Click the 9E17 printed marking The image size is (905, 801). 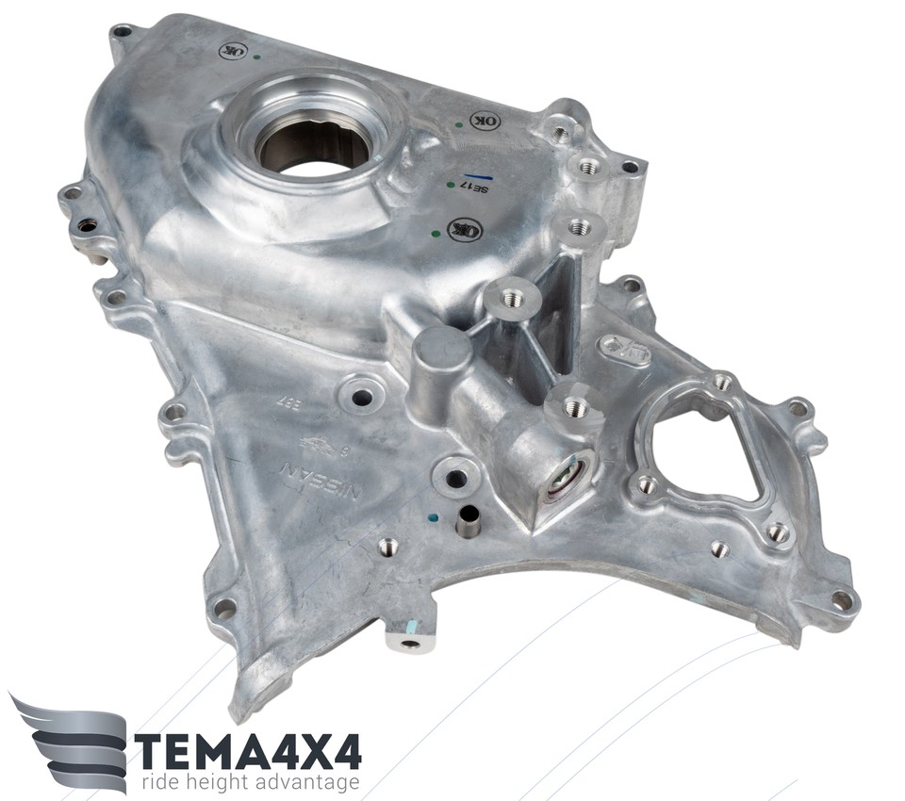pyautogui.click(x=476, y=188)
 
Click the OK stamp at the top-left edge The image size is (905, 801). pyautogui.click(x=233, y=50)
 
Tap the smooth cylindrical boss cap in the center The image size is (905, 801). pyautogui.click(x=441, y=351)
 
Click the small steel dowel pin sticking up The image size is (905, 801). pyautogui.click(x=467, y=521)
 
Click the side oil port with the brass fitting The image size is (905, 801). pyautogui.click(x=566, y=479)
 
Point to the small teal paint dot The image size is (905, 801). pyautogui.click(x=431, y=517)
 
